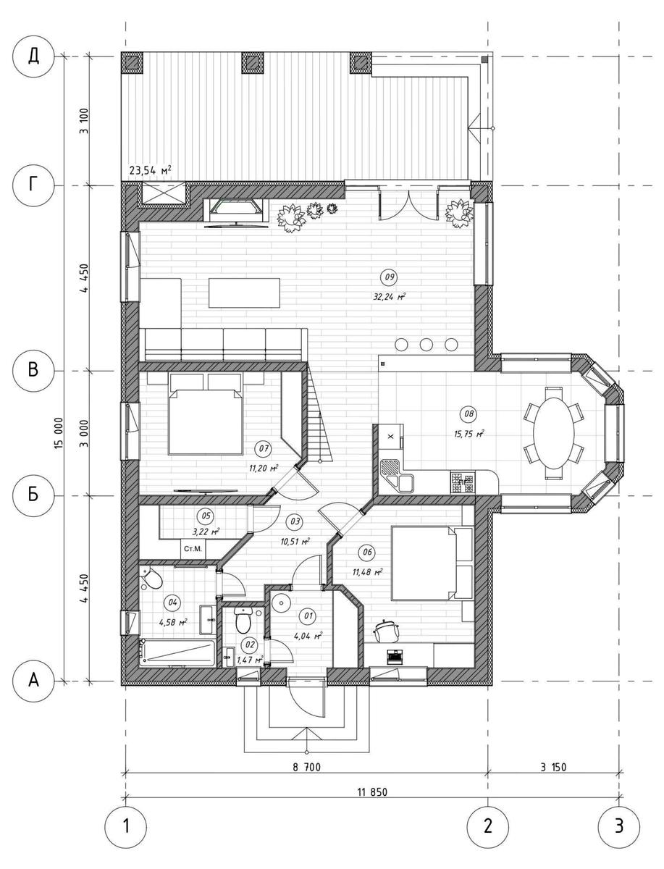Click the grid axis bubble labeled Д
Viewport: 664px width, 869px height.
[33, 56]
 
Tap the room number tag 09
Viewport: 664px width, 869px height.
[390, 277]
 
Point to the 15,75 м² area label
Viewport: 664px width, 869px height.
[469, 434]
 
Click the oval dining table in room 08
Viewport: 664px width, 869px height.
[554, 433]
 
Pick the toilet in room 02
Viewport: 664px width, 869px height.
[243, 620]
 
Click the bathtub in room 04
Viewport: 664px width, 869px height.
[177, 652]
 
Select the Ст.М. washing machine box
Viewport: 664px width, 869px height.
[193, 549]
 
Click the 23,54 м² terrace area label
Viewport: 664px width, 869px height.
[151, 170]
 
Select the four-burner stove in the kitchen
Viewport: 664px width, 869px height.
[463, 482]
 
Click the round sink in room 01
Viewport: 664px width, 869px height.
[282, 603]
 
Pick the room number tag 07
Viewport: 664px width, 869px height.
[264, 448]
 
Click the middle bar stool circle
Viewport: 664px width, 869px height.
[426, 345]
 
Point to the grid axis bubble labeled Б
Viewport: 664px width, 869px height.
[33, 495]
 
